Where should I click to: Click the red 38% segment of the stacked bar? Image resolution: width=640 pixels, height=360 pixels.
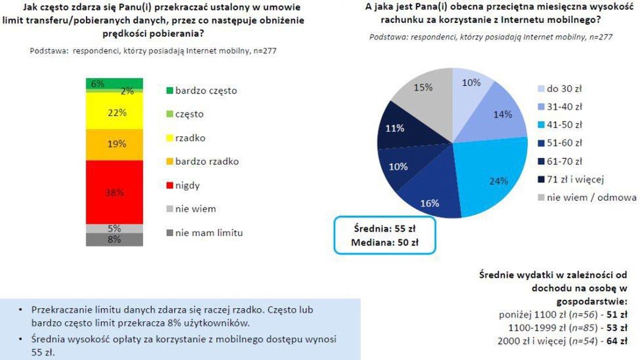coord(114,192)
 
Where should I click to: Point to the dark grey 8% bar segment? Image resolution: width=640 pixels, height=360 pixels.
coord(114,240)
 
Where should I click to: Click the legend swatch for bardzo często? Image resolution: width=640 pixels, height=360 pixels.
coord(169,90)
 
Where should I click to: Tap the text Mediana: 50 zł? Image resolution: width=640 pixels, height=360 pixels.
coord(385,243)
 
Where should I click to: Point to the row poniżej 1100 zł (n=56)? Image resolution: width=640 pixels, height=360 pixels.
coord(546,314)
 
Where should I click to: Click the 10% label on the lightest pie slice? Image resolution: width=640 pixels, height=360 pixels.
coord(470,83)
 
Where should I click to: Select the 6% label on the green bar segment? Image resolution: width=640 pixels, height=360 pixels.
coord(98,83)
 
